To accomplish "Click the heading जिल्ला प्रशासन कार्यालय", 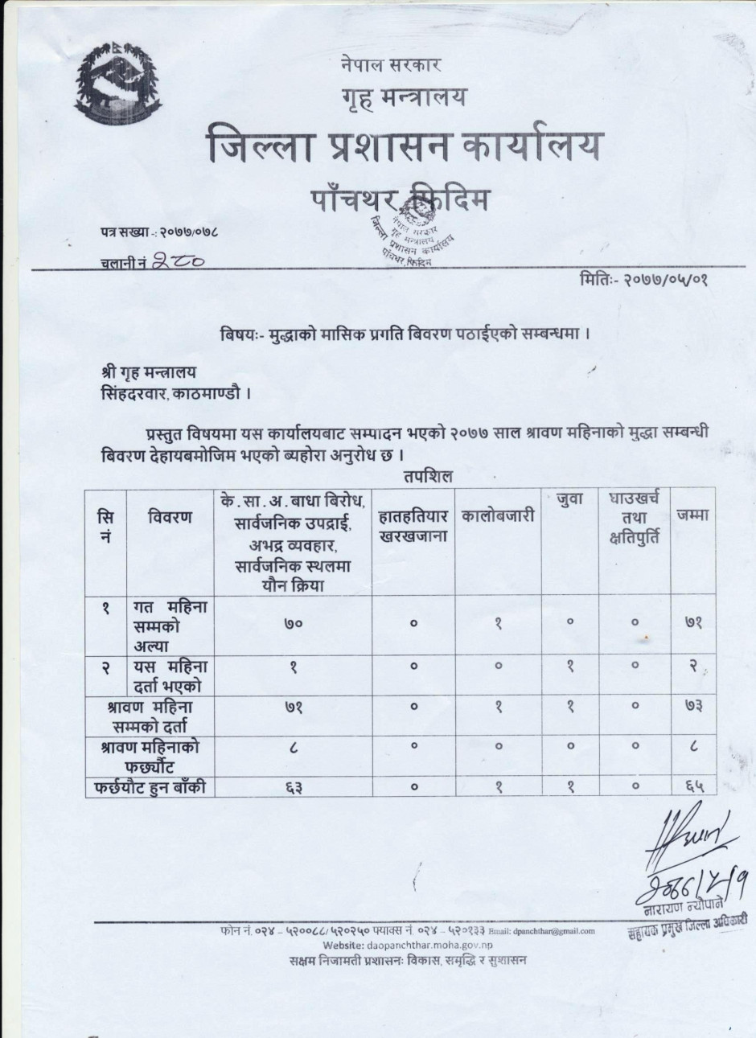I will [x=401, y=147].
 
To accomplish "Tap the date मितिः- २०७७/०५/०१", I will [x=643, y=280].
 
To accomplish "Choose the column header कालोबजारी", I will [x=498, y=516].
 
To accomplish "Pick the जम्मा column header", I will [x=692, y=515].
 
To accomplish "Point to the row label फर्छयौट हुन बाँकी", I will [x=150, y=788].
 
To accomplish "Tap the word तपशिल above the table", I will [x=429, y=475].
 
